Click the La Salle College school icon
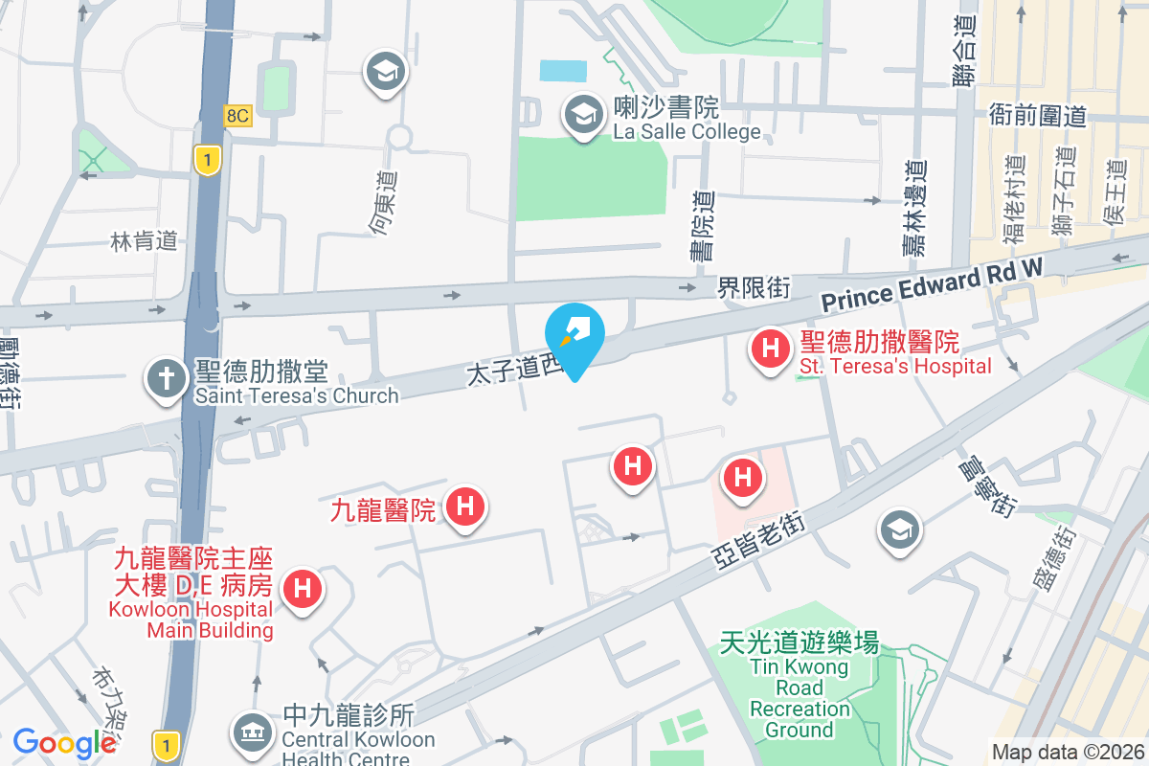point(582,116)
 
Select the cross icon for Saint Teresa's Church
point(166,379)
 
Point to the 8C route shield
point(237,116)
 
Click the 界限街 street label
point(755,286)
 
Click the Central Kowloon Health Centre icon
point(251,732)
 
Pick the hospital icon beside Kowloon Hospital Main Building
point(304,588)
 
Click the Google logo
point(64,742)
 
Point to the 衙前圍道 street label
point(1038,116)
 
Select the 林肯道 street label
point(145,240)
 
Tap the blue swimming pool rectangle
point(563,70)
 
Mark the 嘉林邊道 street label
point(915,207)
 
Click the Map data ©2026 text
point(1069,753)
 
